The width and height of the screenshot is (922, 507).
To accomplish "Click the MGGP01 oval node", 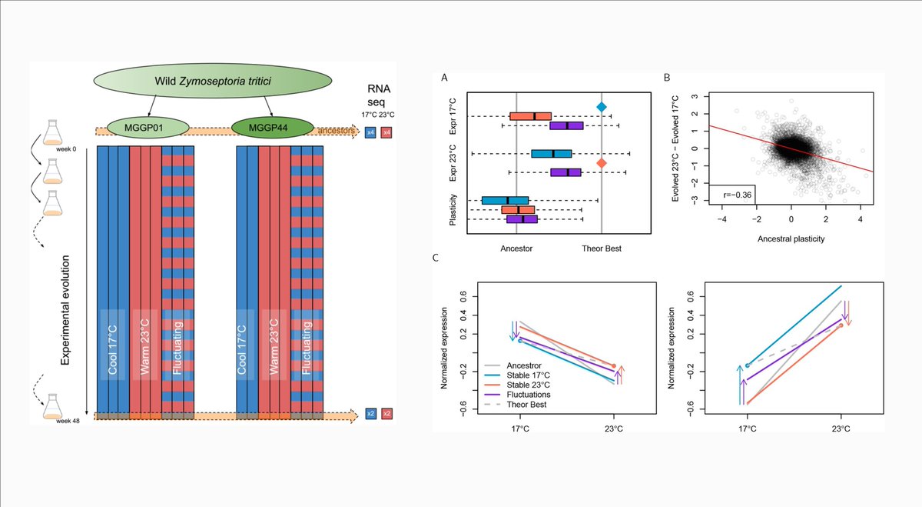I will pyautogui.click(x=145, y=125).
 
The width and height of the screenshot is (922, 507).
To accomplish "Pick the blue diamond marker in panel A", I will pyautogui.click(x=602, y=107).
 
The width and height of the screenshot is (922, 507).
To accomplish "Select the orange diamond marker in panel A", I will pyautogui.click(x=602, y=163).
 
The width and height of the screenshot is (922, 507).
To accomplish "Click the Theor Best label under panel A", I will pyautogui.click(x=602, y=248).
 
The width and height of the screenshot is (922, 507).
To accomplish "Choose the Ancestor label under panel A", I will pyautogui.click(x=516, y=248).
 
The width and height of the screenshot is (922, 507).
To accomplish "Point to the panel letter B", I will pyautogui.click(x=666, y=77).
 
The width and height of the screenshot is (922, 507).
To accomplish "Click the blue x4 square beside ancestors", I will pyautogui.click(x=370, y=132).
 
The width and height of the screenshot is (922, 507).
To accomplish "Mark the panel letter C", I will pyautogui.click(x=436, y=257).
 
